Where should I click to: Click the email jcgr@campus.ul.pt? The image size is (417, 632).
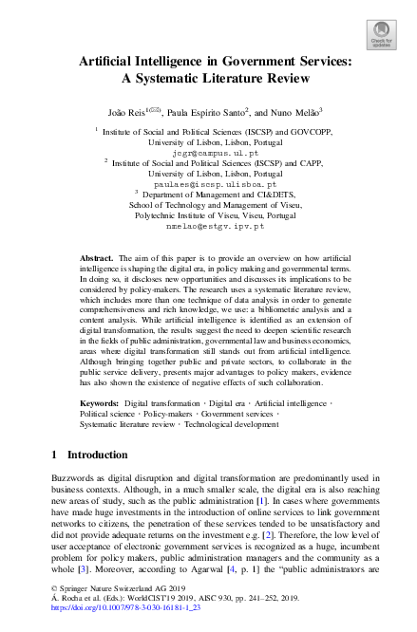pyautogui.click(x=208, y=152)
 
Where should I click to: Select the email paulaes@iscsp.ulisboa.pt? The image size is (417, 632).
pyautogui.click(x=208, y=186)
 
